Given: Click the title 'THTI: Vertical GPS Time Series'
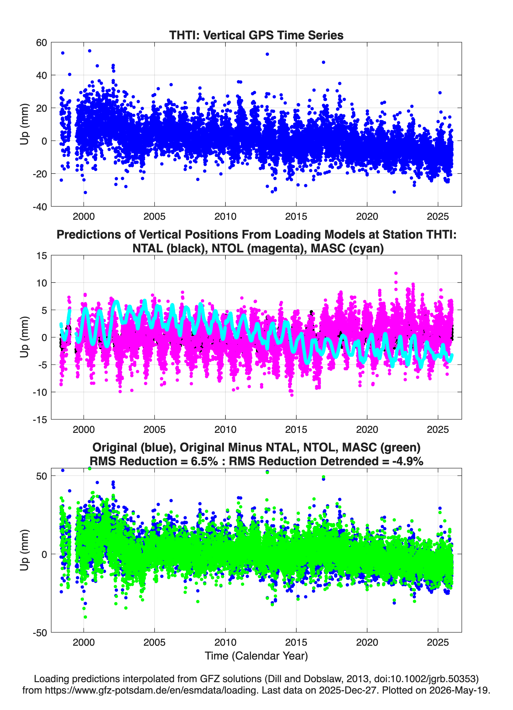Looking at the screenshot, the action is coord(256,35).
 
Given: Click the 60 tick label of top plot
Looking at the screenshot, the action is coord(41,43).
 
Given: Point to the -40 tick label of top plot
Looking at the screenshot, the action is coord(40,207).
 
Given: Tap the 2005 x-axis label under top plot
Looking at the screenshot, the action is coord(154,216).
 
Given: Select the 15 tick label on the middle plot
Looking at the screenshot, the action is coord(42,256).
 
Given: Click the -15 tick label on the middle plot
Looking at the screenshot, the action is coord(40,420).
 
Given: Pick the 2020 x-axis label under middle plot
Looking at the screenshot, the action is coord(367,430).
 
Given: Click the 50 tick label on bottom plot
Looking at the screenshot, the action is coord(42,476).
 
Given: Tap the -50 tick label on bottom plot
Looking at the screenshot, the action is coord(40,633).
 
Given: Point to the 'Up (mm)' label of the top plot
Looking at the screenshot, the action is coord(25,124).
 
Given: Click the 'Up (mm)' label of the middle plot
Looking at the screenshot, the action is coord(25,337).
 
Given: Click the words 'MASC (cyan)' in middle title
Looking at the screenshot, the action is coord(347,248).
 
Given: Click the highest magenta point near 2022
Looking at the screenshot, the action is coord(396,273).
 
